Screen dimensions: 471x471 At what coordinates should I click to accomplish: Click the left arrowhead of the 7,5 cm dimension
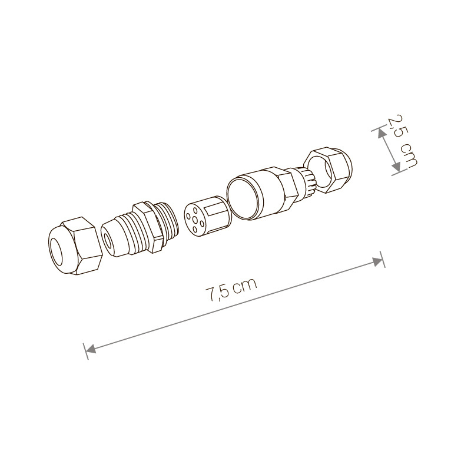coord(90,350)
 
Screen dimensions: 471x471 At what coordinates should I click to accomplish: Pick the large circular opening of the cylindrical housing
coord(243,199)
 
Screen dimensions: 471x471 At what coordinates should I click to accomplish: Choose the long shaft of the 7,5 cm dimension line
coord(235,304)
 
